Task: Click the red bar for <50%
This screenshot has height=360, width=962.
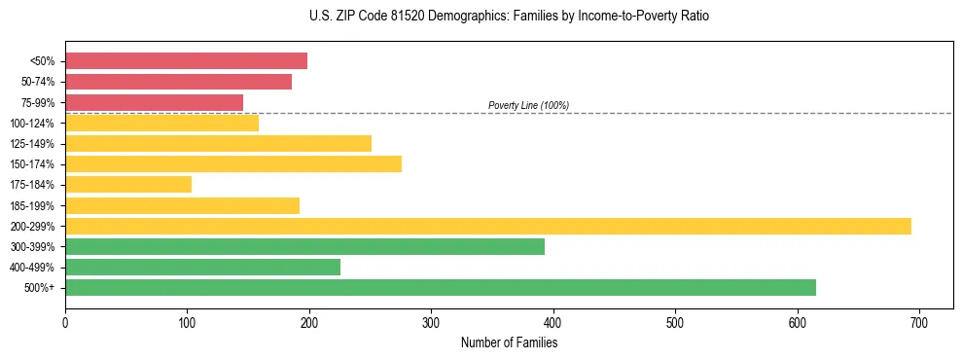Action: tap(186, 61)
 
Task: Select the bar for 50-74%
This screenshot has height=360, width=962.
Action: tap(178, 82)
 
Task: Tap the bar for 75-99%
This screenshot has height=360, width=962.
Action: tap(154, 102)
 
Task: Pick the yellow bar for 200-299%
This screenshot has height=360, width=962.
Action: tap(487, 226)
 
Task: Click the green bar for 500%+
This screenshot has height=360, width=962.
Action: tap(440, 287)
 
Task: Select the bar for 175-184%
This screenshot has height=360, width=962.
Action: tap(128, 184)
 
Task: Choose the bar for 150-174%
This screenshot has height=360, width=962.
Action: tap(232, 163)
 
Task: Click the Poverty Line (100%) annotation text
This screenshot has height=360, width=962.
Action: tap(528, 105)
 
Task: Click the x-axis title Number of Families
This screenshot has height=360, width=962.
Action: tap(509, 343)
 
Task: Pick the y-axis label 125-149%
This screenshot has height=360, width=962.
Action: tap(32, 144)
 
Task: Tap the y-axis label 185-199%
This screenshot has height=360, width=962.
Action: tap(32, 205)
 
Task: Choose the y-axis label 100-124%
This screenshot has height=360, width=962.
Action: tap(32, 124)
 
